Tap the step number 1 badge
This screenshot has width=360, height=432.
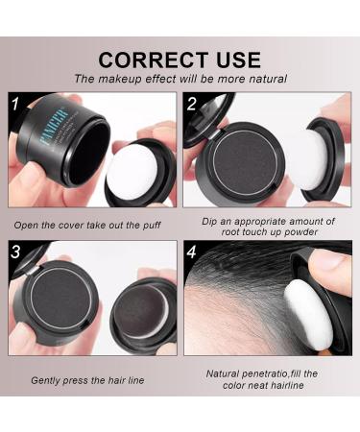[15, 102]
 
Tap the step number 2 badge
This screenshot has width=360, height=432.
[192, 102]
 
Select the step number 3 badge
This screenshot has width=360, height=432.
[15, 252]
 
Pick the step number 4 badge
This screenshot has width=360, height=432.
[192, 252]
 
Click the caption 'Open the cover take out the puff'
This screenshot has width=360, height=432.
[88, 225]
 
